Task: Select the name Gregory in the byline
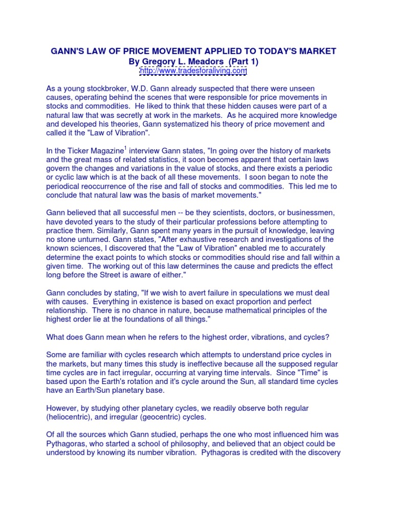tap(163, 61)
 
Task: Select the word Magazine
tap(108, 151)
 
